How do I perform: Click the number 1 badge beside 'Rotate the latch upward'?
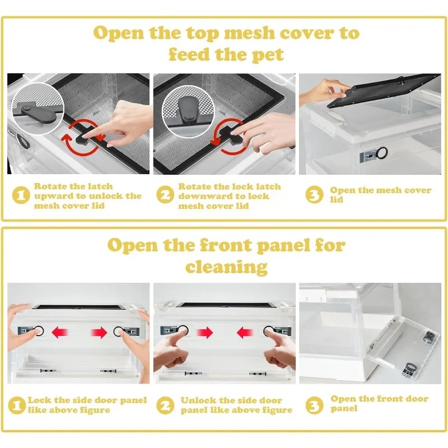click(21, 195)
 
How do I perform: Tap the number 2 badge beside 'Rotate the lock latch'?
click(165, 195)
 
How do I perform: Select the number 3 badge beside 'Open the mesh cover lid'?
click(314, 194)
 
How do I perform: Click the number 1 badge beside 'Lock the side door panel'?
click(17, 405)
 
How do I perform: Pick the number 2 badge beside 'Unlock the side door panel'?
click(165, 405)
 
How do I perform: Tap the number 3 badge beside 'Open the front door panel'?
click(314, 405)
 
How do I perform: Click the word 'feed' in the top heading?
click(189, 54)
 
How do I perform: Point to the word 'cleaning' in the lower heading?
click(226, 267)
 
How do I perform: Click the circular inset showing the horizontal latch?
click(38, 109)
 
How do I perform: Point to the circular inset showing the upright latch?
click(188, 111)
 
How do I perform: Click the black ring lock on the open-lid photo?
click(382, 153)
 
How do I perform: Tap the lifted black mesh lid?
click(383, 90)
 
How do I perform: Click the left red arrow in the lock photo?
click(59, 333)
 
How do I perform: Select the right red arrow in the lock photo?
click(99, 333)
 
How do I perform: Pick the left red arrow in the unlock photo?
click(205, 333)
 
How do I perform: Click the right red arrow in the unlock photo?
click(245, 333)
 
